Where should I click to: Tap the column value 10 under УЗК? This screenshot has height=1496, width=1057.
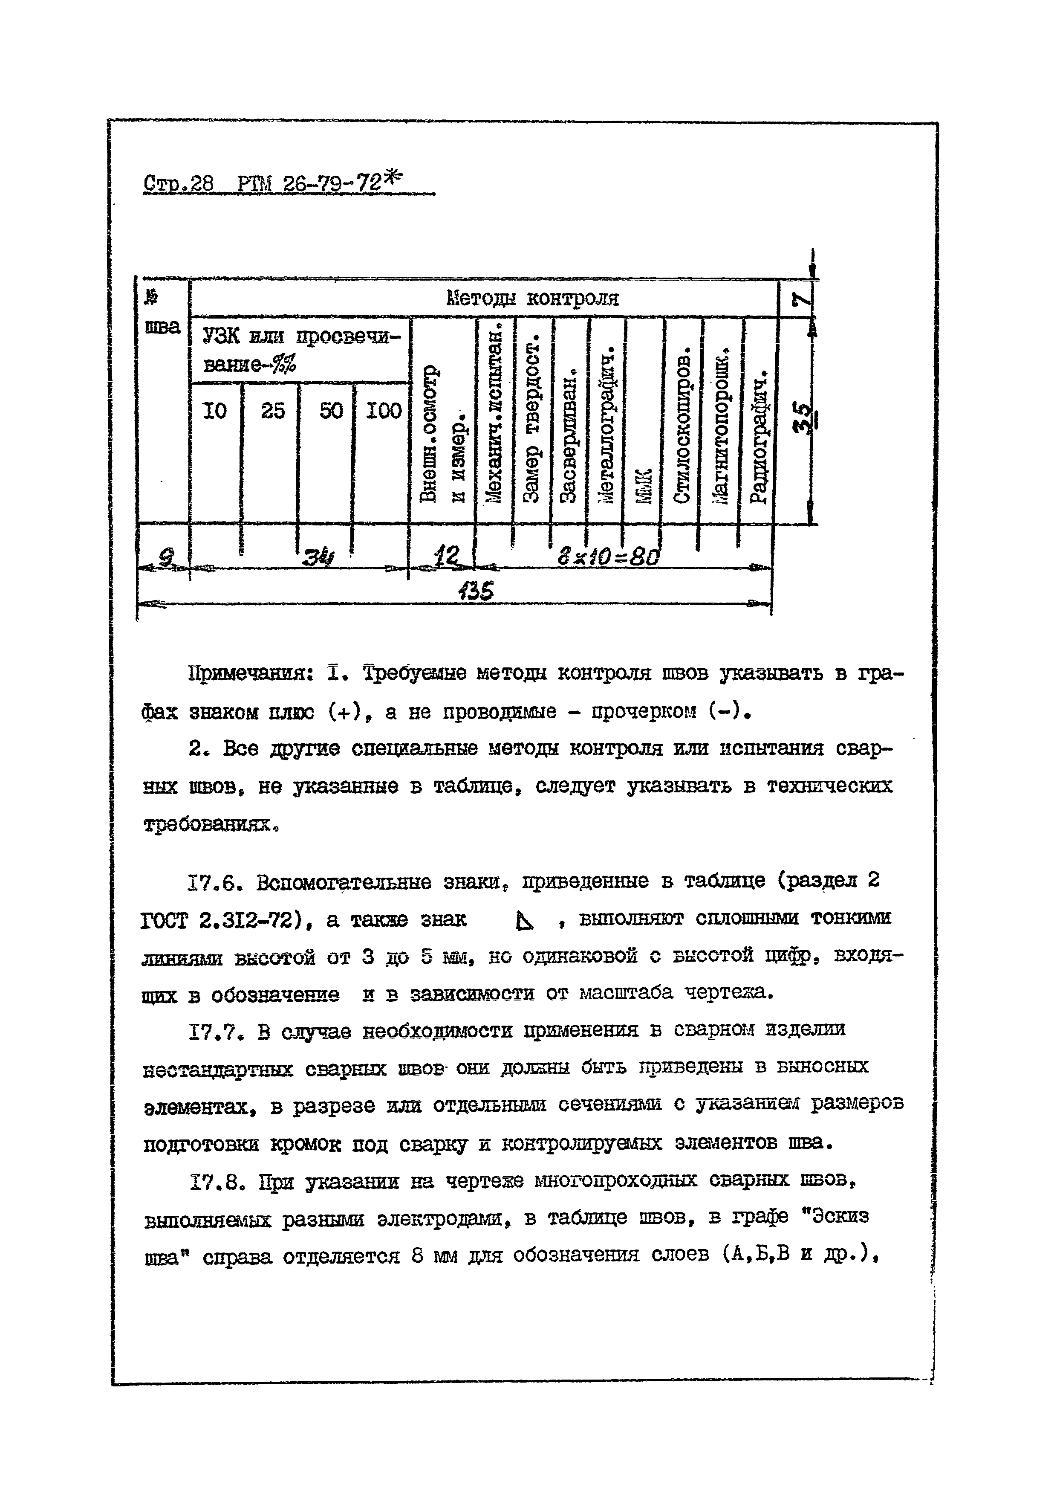pyautogui.click(x=214, y=411)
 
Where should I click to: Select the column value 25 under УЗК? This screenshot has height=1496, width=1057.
pyautogui.click(x=272, y=411)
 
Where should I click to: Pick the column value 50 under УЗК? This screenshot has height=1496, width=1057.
pyautogui.click(x=331, y=411)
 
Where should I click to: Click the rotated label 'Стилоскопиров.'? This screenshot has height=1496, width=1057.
pyautogui.click(x=682, y=430)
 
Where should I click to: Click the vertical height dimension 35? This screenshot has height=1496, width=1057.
pyautogui.click(x=805, y=417)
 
